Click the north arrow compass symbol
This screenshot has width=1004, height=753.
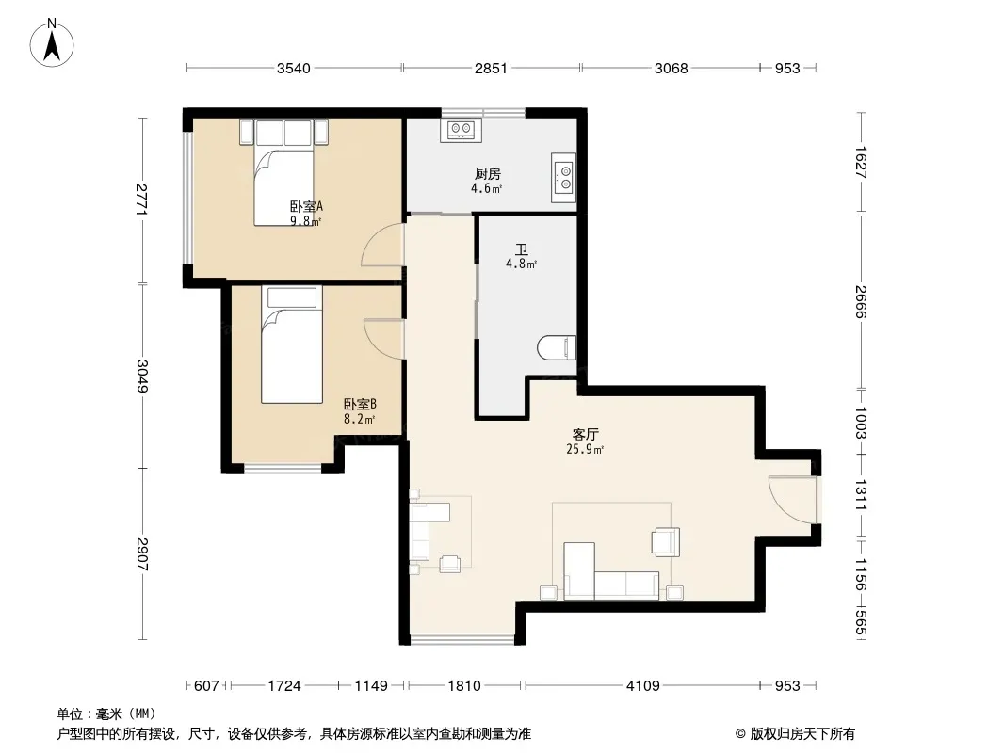pyautogui.click(x=52, y=43)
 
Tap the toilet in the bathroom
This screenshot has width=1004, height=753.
pyautogui.click(x=557, y=347)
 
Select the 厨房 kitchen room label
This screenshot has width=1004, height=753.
pyautogui.click(x=487, y=173)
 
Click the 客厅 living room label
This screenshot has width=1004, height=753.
pyautogui.click(x=585, y=435)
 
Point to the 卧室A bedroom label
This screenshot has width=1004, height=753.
pyautogui.click(x=306, y=207)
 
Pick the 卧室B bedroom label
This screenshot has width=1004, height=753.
pyautogui.click(x=359, y=405)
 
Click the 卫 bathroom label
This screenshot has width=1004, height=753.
pyautogui.click(x=522, y=248)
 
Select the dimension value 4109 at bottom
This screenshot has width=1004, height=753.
pyautogui.click(x=642, y=686)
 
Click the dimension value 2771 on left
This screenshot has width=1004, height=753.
pyautogui.click(x=141, y=200)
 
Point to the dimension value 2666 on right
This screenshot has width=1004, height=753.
pyautogui.click(x=861, y=301)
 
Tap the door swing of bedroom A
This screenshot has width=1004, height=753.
pyautogui.click(x=382, y=244)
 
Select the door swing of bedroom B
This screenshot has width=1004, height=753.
pyautogui.click(x=383, y=339)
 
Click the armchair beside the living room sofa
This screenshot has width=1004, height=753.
pyautogui.click(x=665, y=542)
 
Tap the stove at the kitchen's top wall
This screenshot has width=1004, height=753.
pyautogui.click(x=461, y=130)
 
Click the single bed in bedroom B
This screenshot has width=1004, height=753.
pyautogui.click(x=292, y=344)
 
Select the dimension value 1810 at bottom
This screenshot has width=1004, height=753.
pyautogui.click(x=464, y=686)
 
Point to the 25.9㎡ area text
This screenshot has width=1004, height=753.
pyautogui.click(x=585, y=449)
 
